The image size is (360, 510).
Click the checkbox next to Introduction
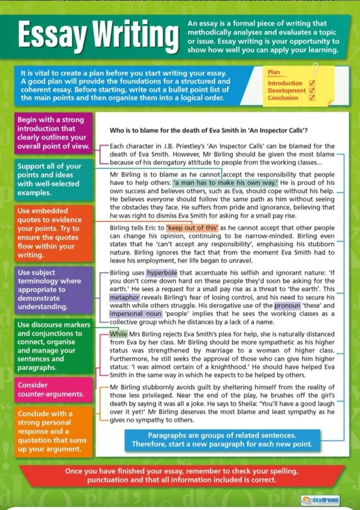(x=312, y=83)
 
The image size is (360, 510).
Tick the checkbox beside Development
(x=312, y=90)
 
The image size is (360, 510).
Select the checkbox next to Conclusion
(x=312, y=98)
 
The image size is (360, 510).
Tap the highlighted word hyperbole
(x=162, y=273)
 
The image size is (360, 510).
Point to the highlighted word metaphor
(x=124, y=297)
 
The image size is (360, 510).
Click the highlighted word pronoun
(x=287, y=305)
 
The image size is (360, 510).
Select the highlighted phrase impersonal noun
(x=136, y=314)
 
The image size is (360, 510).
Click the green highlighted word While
(x=118, y=334)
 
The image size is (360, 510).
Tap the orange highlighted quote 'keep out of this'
(x=192, y=228)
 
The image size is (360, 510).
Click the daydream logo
(x=320, y=500)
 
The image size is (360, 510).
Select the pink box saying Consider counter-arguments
(x=53, y=390)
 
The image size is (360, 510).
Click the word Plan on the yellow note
(x=274, y=72)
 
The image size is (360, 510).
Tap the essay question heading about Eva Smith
(x=209, y=131)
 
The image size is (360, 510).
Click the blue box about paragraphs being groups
(x=222, y=440)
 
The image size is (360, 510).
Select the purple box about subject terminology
(x=53, y=289)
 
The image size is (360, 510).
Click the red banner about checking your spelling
(x=182, y=475)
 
